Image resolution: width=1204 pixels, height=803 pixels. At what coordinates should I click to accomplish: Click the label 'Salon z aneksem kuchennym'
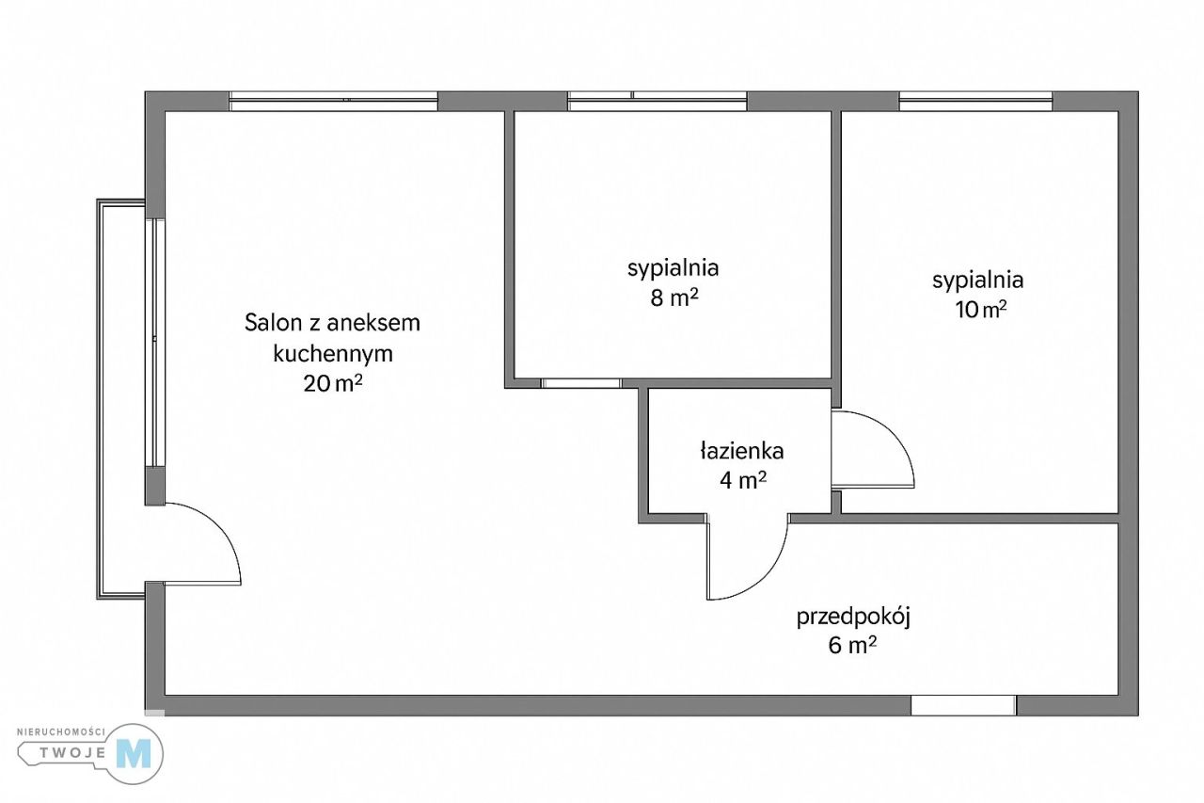click(x=332, y=339)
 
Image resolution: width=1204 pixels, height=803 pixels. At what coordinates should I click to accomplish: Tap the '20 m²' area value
click(x=333, y=385)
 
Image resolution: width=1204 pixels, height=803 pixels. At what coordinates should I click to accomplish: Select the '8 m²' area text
click(x=673, y=298)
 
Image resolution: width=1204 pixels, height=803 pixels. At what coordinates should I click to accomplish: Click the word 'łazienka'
click(x=742, y=451)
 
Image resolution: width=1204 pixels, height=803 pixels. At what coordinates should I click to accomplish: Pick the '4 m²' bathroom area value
click(x=743, y=481)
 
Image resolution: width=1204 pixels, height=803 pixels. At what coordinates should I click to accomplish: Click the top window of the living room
click(x=334, y=102)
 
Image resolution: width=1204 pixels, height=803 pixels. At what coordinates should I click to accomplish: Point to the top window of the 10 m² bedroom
click(x=975, y=102)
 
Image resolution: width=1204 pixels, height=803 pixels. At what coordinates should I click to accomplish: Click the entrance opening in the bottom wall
click(x=963, y=705)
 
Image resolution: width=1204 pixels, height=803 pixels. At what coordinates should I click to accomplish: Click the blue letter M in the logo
click(x=133, y=752)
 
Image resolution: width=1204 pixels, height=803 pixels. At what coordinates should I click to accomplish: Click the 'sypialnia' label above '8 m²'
click(x=673, y=268)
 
